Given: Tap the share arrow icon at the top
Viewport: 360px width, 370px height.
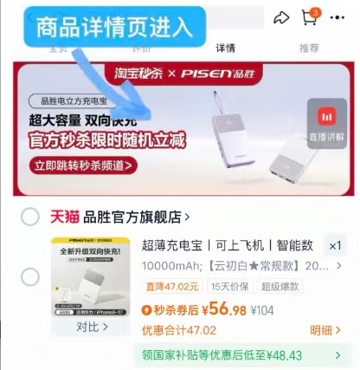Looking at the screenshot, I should point(280,17).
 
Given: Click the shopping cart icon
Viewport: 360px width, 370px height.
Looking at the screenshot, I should point(310,17).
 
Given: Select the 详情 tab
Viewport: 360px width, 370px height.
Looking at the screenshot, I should point(226,49).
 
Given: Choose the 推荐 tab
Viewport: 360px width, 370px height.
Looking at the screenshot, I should point(308,49).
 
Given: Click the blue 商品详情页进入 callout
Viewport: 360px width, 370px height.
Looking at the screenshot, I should point(115,27).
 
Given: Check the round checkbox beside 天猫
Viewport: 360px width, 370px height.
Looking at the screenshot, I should point(30,217).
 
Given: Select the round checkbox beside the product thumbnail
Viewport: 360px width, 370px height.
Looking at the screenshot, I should point(30,277).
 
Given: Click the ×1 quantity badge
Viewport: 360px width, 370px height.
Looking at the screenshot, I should point(333,244).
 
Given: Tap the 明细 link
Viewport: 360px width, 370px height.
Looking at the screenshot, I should point(323,330).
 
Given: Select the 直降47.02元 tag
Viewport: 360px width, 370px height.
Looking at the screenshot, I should point(171,287).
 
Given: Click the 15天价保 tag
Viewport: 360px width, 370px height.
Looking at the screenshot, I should point(229,287).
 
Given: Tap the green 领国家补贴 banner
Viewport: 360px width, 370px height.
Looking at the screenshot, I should point(242,355).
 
